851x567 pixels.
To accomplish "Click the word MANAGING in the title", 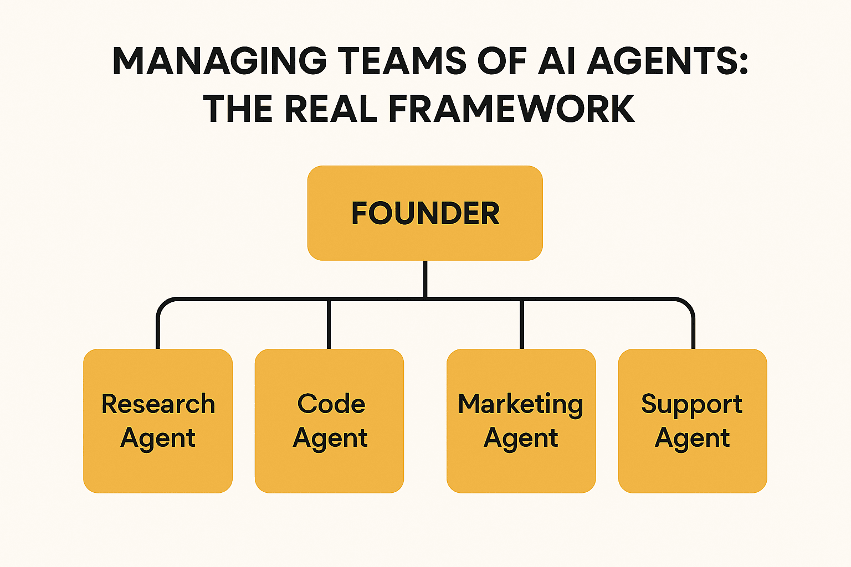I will point(219,61).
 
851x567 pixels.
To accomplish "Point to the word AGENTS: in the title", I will point(668,61).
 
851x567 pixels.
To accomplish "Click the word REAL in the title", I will point(331,109).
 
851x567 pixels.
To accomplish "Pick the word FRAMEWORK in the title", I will point(511,109).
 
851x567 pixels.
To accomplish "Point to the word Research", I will point(158,404).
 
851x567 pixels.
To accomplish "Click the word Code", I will point(331,404).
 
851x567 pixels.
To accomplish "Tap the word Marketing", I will point(520,405).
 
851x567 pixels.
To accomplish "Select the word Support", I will point(691,405).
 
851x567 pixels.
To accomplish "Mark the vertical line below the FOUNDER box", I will point(425,279).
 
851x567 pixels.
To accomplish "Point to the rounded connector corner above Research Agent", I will point(162,304).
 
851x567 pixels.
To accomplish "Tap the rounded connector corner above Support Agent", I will point(689,304).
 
